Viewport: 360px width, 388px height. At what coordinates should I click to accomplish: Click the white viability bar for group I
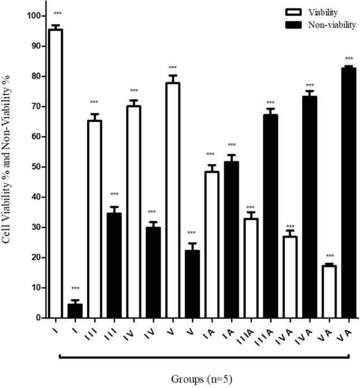(56, 173)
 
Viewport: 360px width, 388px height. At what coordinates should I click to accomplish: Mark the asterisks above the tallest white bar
(56, 13)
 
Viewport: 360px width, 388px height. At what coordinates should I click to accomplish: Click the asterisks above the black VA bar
(349, 59)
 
